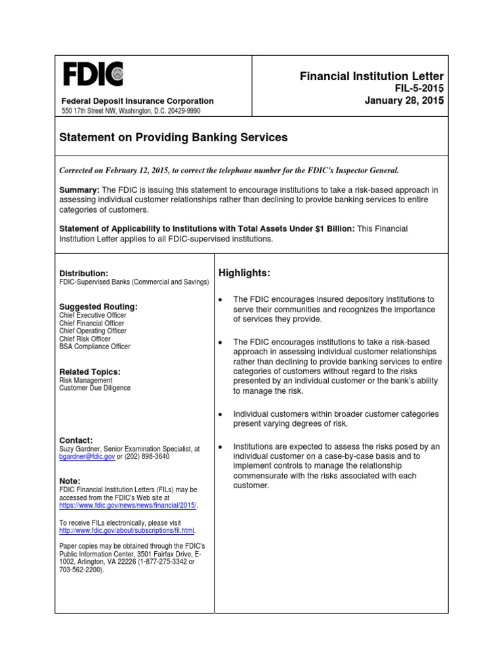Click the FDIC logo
(93, 73)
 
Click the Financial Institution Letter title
(371, 77)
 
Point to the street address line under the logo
(131, 111)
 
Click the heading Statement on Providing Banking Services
(173, 138)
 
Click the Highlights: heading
(244, 273)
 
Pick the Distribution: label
(83, 273)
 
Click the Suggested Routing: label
(98, 306)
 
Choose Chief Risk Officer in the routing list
(85, 339)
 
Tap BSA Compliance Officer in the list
(94, 346)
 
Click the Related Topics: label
(90, 371)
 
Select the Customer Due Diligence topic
(94, 388)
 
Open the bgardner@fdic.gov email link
(87, 457)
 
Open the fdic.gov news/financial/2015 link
(127, 506)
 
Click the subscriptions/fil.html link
(127, 530)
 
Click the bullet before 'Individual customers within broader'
(221, 415)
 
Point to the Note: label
(70, 480)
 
